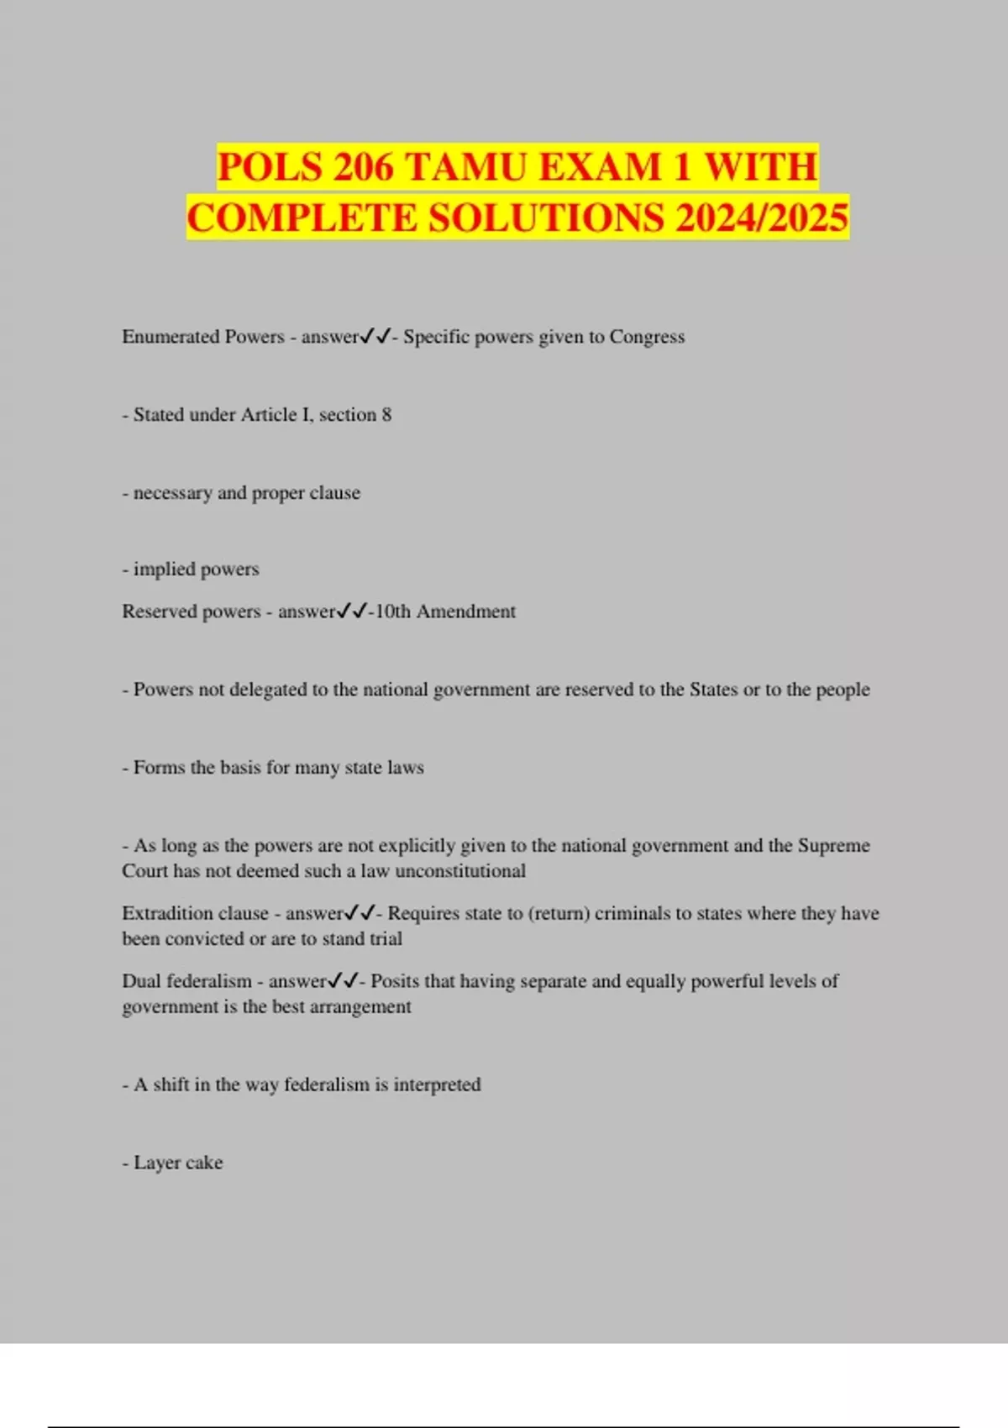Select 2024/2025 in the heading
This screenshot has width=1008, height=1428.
coord(762,218)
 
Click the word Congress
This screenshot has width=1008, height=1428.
coord(647,337)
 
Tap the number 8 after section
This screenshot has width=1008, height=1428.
coord(386,415)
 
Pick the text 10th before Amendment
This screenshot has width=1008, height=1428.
coord(392,612)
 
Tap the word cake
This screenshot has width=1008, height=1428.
coord(204,1163)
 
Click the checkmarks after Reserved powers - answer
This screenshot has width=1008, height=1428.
coord(352,612)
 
